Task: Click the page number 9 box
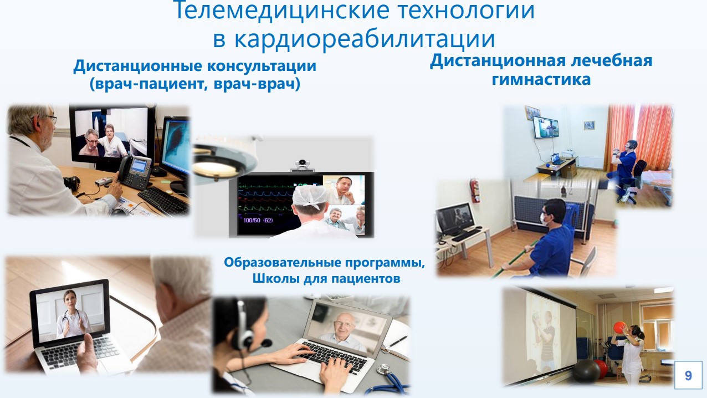point(688,375)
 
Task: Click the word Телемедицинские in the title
point(284,10)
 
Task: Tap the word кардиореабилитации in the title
point(365,39)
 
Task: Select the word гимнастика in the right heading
point(541,79)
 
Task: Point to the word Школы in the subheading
point(275,278)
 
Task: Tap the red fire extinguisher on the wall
point(474,191)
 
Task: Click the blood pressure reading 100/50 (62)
point(258,220)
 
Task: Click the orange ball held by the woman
point(620,328)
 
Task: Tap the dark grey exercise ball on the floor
point(586,371)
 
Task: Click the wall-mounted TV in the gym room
point(546,127)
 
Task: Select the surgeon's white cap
point(310,196)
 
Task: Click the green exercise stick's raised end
point(536,242)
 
